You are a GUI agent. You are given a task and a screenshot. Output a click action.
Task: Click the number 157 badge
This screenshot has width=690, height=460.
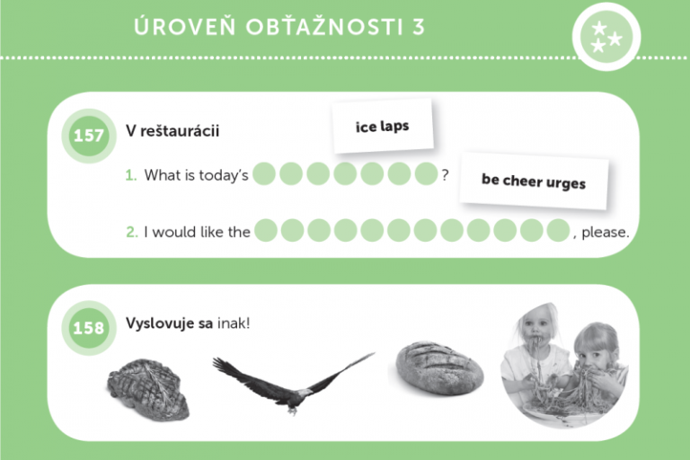click(89, 136)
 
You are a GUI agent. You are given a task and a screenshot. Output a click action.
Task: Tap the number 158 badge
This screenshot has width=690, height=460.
click(89, 328)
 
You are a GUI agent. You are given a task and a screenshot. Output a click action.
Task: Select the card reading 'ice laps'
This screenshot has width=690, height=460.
click(383, 127)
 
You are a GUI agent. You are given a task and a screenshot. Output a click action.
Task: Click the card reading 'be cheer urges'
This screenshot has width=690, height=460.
click(534, 181)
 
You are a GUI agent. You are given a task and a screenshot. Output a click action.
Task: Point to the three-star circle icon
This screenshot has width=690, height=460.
click(606, 37)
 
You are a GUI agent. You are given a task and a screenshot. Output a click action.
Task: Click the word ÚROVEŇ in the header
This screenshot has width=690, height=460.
click(185, 26)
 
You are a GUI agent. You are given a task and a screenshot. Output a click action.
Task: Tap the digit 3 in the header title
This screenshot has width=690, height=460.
click(419, 27)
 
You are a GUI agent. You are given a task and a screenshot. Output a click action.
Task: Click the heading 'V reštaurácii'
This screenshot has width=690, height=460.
click(172, 131)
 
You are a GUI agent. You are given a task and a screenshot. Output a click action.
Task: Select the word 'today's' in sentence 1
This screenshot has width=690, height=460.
click(224, 175)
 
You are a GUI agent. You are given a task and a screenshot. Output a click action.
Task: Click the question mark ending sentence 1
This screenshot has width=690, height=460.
click(446, 175)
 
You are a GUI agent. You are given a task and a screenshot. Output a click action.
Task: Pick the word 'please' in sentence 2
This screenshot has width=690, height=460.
click(604, 232)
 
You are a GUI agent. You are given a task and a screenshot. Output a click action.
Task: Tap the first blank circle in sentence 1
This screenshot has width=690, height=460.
click(264, 173)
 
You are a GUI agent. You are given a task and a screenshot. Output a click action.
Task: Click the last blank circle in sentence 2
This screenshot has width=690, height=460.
click(559, 230)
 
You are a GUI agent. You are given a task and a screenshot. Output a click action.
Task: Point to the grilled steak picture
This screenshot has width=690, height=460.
click(148, 389)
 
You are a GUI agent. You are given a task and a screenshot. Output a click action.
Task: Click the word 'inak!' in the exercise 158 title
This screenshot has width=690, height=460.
click(234, 323)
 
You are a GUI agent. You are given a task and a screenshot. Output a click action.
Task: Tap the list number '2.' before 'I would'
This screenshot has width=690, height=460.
click(132, 232)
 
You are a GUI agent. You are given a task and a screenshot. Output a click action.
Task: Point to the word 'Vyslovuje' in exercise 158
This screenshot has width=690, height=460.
click(160, 324)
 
